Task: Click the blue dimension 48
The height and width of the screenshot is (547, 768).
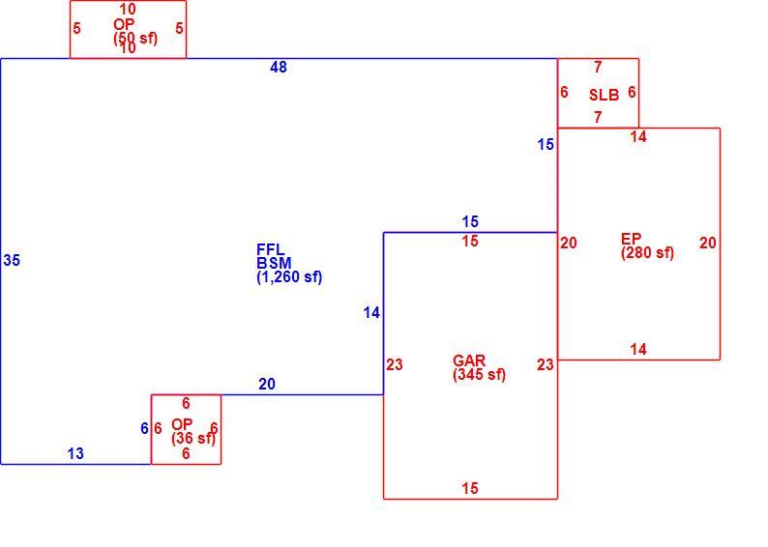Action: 279,67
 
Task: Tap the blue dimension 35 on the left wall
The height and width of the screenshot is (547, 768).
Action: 12,260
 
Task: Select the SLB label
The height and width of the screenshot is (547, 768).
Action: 604,95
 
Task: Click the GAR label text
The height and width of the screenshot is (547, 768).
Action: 469,360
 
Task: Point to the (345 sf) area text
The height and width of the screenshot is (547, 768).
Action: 480,375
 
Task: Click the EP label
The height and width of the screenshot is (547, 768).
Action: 631,239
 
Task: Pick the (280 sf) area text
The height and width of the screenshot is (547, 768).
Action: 647,253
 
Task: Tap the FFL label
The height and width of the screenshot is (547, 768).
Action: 271,249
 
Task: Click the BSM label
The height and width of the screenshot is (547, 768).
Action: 274,263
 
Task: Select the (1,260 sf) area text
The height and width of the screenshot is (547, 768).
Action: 289,277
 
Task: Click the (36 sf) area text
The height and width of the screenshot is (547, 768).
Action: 193,438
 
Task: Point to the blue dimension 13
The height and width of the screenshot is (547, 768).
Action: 75,453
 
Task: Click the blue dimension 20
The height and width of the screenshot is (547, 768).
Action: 267,384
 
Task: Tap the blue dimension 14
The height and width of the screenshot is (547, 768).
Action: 371,313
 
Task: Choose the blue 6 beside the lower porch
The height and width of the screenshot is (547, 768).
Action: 144,428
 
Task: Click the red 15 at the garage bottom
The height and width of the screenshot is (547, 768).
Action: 470,488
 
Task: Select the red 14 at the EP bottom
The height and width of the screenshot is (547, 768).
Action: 638,349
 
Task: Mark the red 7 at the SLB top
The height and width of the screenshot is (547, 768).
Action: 598,67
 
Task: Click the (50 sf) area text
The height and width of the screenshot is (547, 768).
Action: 135,38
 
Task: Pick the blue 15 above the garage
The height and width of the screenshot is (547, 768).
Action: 470,221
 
